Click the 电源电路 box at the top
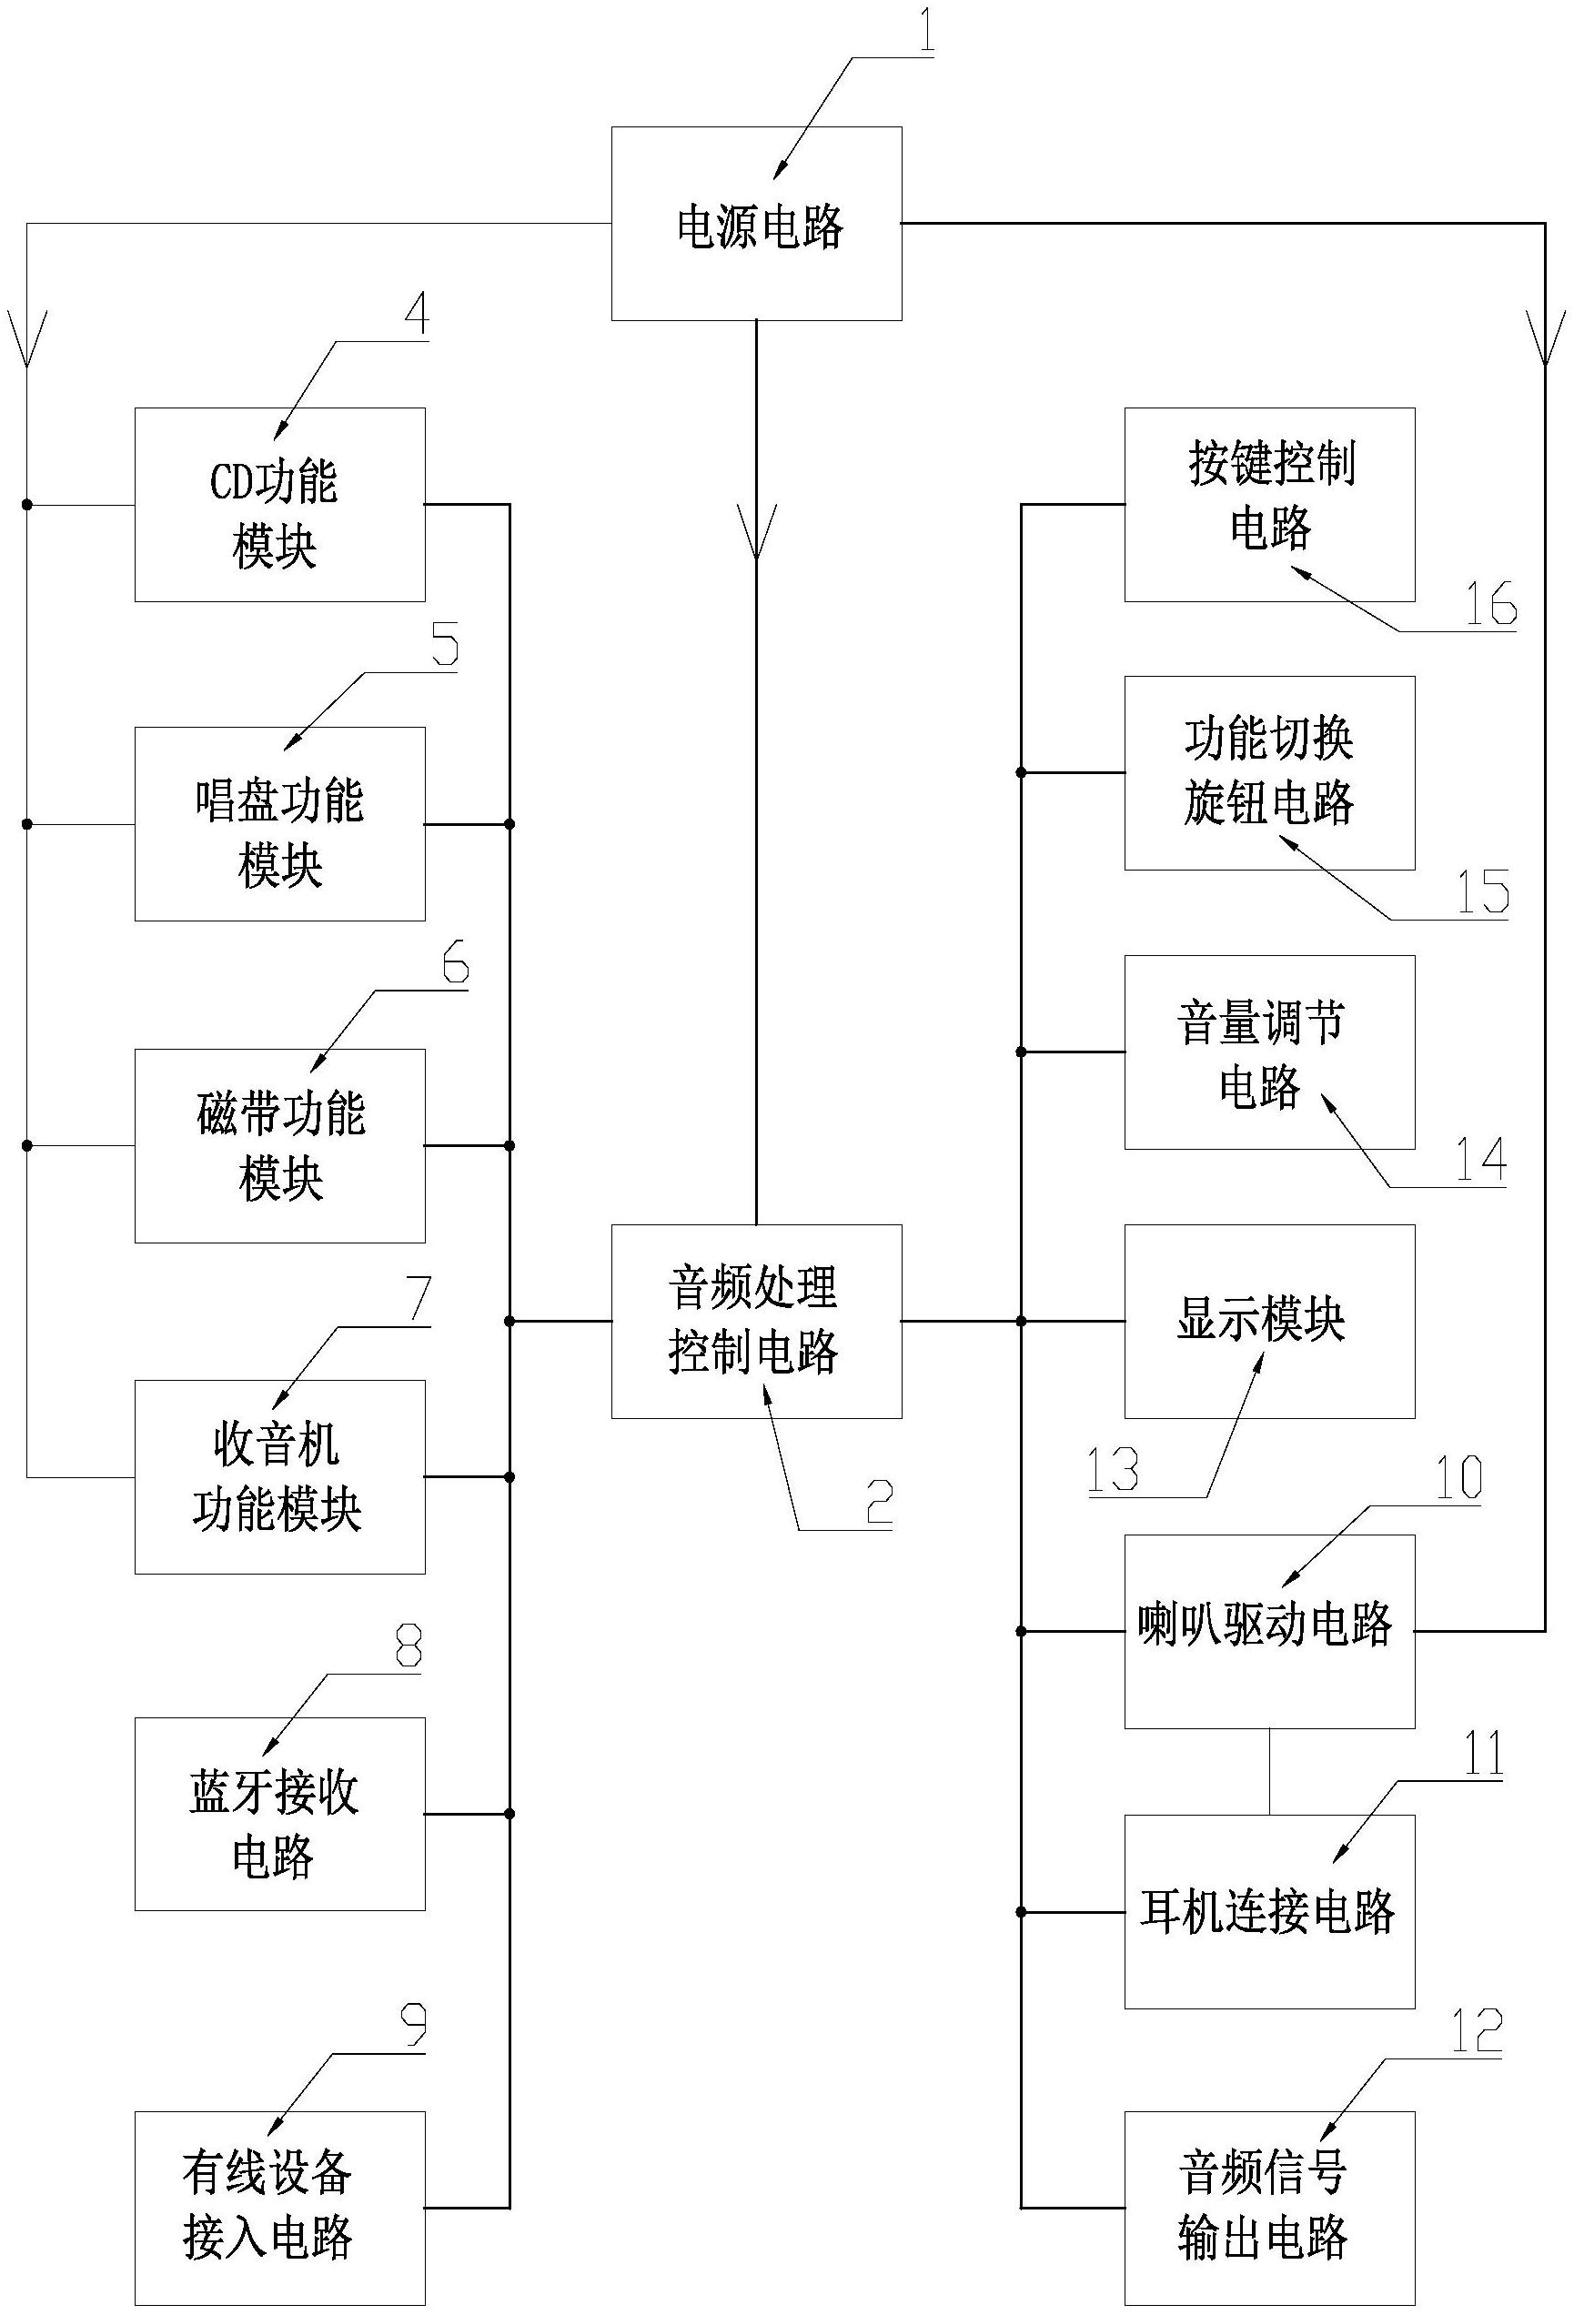tap(756, 223)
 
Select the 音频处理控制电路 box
tap(756, 1321)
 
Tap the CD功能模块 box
tap(280, 504)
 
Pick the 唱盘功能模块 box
tap(280, 824)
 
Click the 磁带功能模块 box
tap(280, 1145)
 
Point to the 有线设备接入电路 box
tap(280, 2208)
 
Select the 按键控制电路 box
tap(1269, 504)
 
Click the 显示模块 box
tap(1269, 1321)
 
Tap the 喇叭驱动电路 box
tap(1269, 1631)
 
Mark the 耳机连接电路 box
tap(1269, 1911)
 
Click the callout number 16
tap(1490, 604)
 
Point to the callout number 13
tap(1112, 1470)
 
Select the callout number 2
tap(879, 1502)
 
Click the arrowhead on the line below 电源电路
tap(756, 533)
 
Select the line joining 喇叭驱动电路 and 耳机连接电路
tap(1269, 1771)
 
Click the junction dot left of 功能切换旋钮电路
tap(1021, 772)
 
